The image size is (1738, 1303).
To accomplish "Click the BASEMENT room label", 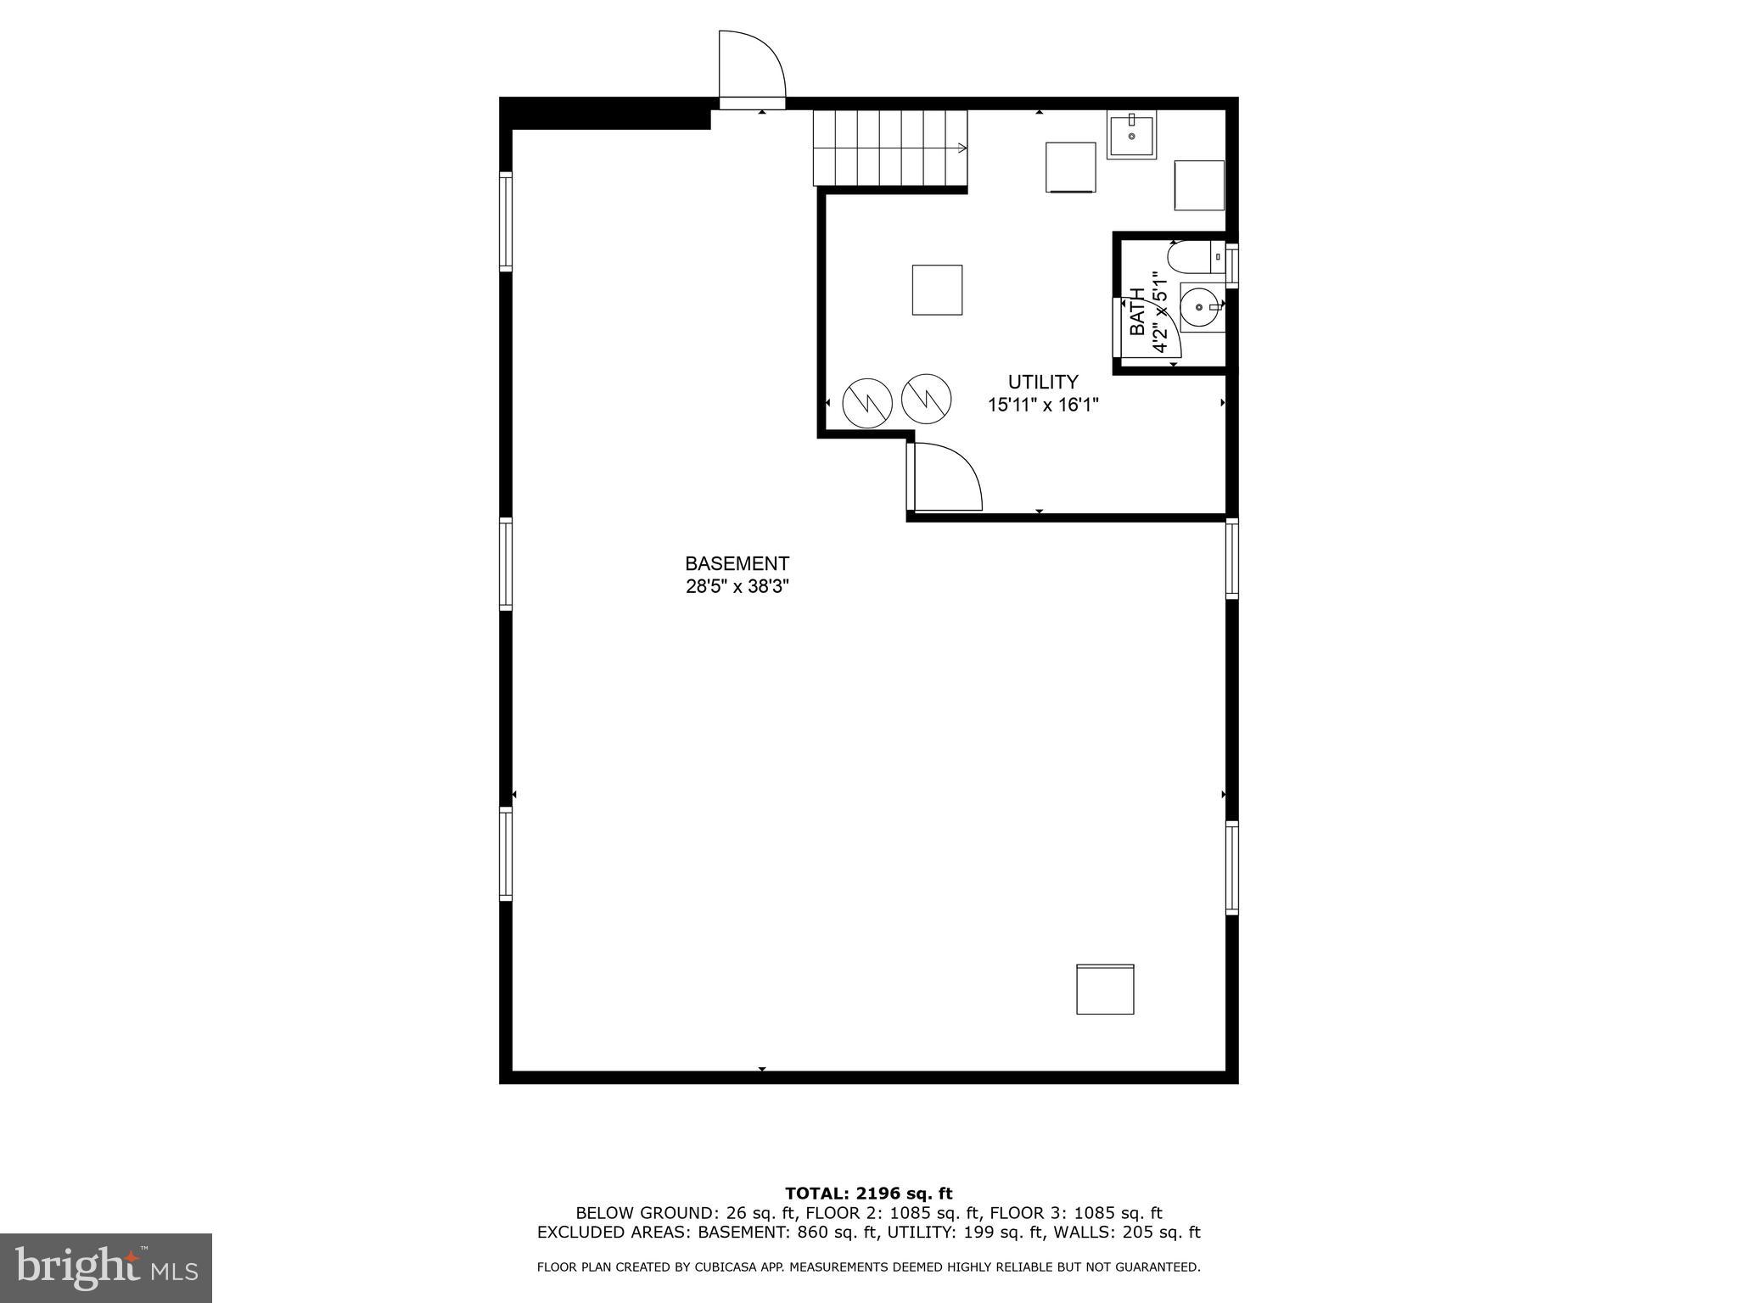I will pyautogui.click(x=737, y=563).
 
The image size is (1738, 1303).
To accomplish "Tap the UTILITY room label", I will pyautogui.click(x=1043, y=382).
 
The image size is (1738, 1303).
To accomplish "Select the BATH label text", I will pyautogui.click(x=1137, y=311).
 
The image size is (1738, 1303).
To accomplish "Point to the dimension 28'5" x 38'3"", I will pyautogui.click(x=737, y=586).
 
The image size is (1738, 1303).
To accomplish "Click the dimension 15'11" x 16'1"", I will pyautogui.click(x=1043, y=405).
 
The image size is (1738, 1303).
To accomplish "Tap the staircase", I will pyautogui.click(x=889, y=148).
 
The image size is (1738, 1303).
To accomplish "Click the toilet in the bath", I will pyautogui.click(x=1195, y=256).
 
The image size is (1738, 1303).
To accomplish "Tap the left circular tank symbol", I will pyautogui.click(x=866, y=402).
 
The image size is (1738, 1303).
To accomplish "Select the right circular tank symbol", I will pyautogui.click(x=926, y=398).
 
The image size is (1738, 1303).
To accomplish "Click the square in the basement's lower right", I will pyautogui.click(x=1105, y=989).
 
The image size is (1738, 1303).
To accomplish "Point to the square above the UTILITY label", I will pyautogui.click(x=937, y=290).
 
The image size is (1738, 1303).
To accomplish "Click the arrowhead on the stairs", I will pyautogui.click(x=962, y=148).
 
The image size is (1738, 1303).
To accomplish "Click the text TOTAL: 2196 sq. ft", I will pyautogui.click(x=868, y=1194).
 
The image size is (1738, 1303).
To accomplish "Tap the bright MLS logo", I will pyautogui.click(x=106, y=1267).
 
